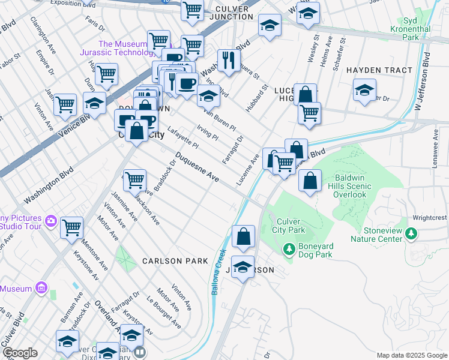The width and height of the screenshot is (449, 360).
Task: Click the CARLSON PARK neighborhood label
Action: coord(175,261)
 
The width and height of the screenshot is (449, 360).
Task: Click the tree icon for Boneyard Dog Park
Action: coord(289,248)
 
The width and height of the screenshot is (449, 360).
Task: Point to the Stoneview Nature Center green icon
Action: coord(411,233)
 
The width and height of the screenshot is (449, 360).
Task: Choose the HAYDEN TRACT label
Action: coord(379,70)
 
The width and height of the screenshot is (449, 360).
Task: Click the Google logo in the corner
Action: coord(19,353)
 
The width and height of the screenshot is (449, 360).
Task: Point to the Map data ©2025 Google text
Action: coord(411,355)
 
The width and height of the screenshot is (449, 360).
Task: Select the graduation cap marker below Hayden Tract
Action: coord(364,90)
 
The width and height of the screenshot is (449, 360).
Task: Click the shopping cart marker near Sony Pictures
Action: coord(71,227)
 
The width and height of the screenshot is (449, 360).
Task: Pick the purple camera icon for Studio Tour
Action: coord(52,221)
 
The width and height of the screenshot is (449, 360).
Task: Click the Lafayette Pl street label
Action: coord(182,137)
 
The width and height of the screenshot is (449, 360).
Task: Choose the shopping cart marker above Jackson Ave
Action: coord(134,179)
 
